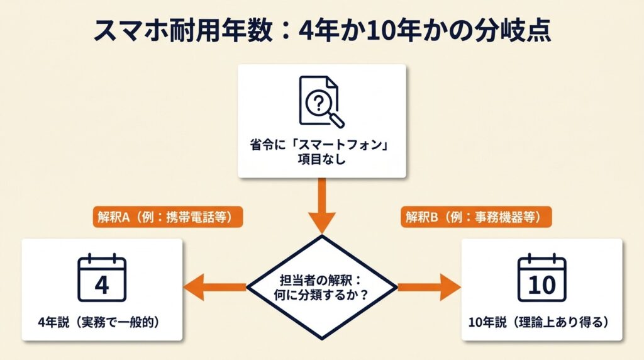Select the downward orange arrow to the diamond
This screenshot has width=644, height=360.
(321, 205)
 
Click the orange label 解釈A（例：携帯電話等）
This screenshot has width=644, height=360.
(167, 217)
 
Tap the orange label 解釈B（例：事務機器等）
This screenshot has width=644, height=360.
(476, 217)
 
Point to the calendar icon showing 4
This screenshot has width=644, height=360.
(102, 279)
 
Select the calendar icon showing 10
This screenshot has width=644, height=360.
(541, 279)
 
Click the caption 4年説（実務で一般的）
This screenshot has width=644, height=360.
(101, 323)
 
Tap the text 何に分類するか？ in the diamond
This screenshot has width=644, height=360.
(321, 295)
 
